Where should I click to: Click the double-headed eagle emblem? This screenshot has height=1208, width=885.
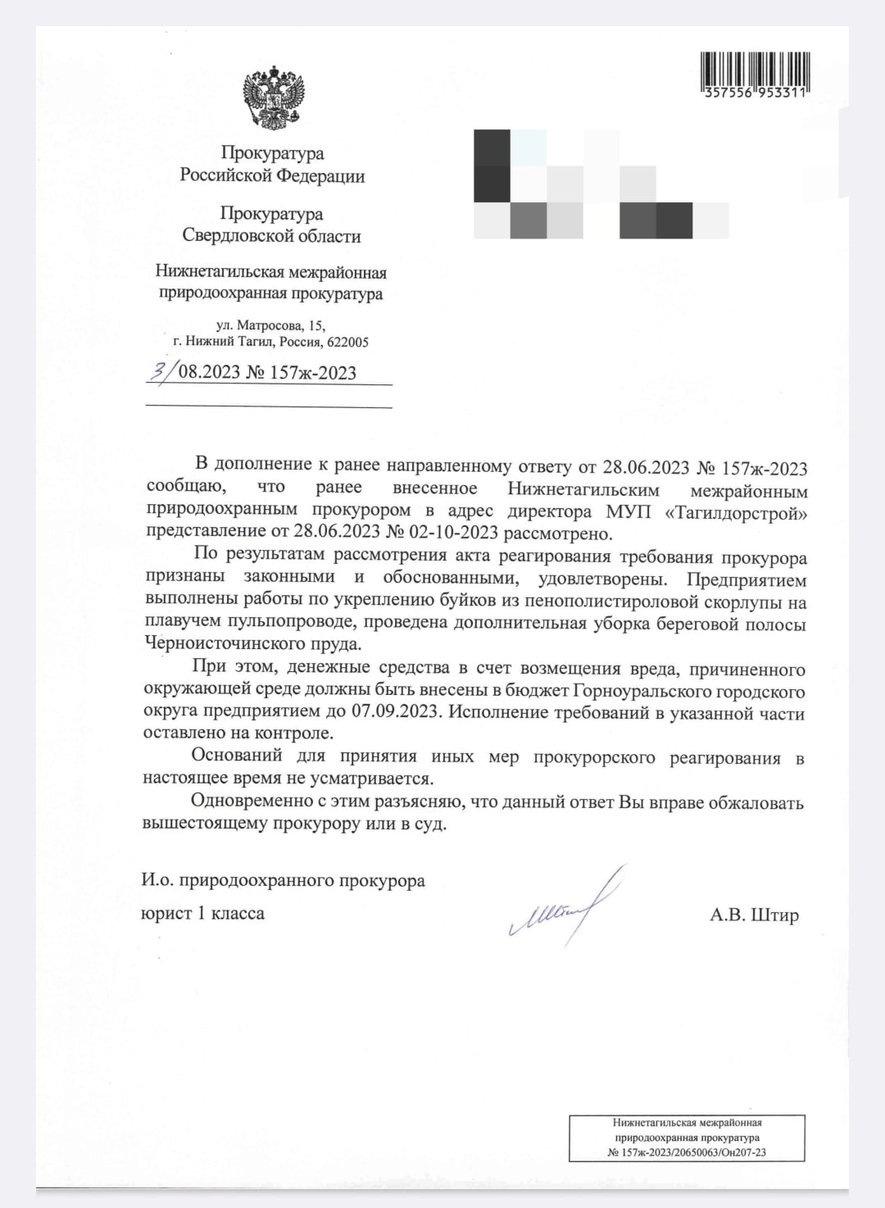click(x=274, y=98)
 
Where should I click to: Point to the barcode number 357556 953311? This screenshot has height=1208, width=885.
click(x=755, y=93)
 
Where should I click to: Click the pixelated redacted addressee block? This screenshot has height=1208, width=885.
click(x=601, y=184)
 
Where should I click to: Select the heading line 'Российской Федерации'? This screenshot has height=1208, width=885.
click(x=272, y=175)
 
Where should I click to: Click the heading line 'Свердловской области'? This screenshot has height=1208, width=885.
click(x=271, y=236)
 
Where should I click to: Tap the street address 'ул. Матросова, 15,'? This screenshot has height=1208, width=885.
click(x=270, y=325)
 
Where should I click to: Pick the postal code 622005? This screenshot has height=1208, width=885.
click(x=347, y=342)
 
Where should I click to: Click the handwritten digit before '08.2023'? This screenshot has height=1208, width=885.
click(x=161, y=370)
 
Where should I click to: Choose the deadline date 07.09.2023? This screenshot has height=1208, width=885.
click(x=395, y=711)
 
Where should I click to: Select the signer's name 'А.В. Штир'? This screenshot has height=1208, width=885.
click(x=754, y=915)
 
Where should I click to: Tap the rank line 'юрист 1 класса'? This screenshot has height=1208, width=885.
click(x=202, y=913)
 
